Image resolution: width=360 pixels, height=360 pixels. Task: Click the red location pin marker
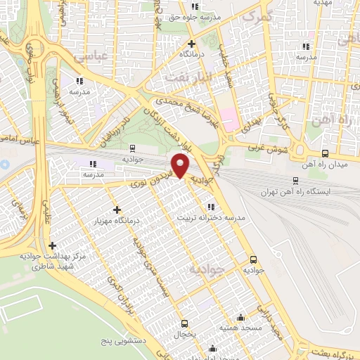(x=181, y=166)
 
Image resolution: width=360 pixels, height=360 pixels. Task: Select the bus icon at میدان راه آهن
(x=324, y=154)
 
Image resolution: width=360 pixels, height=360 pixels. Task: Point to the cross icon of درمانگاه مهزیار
(x=117, y=210)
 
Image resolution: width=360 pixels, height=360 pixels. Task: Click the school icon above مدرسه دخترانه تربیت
(x=212, y=207)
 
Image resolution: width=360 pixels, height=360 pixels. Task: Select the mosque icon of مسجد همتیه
(x=242, y=317)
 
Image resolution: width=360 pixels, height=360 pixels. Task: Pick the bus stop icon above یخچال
(x=185, y=324)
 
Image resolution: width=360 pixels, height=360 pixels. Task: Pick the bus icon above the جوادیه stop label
(x=253, y=259)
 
